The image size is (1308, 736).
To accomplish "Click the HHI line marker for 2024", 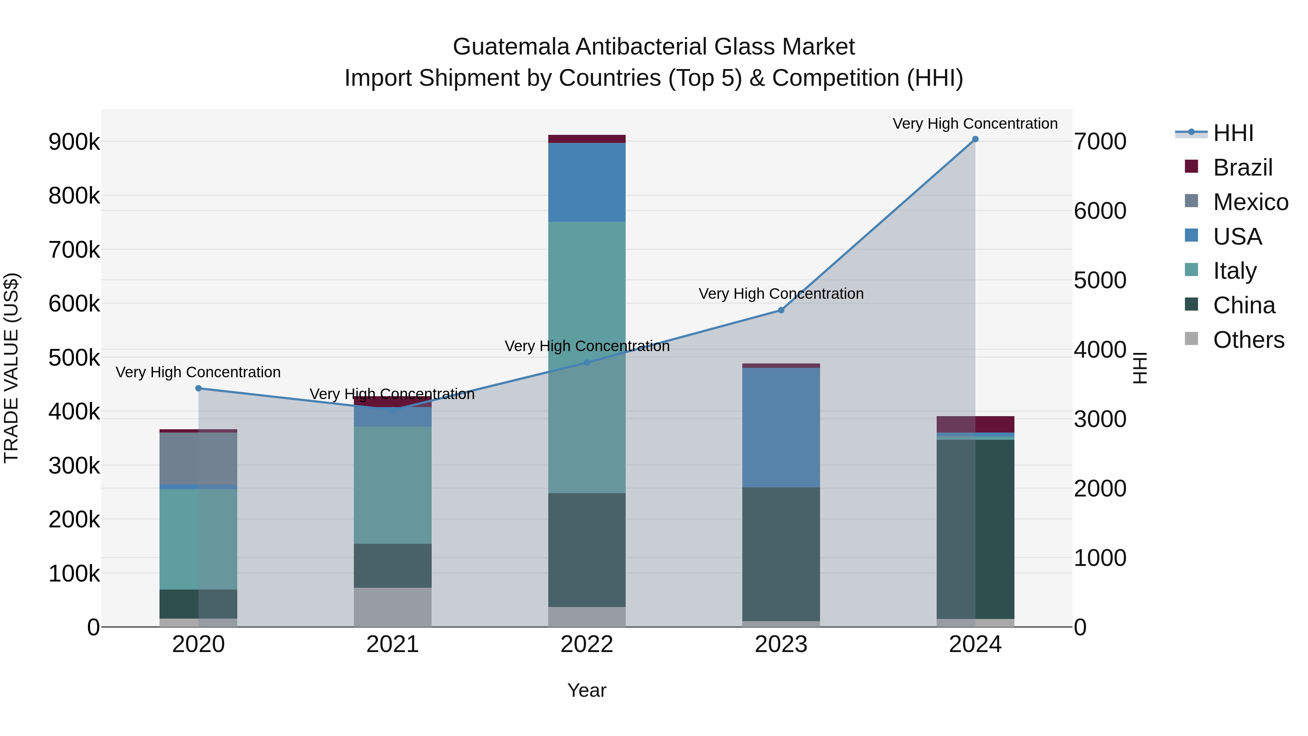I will (975, 139).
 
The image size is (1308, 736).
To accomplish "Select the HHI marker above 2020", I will (198, 389).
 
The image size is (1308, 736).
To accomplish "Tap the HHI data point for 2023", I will (781, 310).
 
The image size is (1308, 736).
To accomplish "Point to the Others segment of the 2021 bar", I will (392, 607).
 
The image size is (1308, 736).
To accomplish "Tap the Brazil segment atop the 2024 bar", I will (975, 424).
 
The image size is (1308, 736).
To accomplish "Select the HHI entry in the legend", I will (1233, 133).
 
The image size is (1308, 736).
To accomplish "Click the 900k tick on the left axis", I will (74, 142).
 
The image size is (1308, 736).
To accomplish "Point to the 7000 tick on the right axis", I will (1100, 142).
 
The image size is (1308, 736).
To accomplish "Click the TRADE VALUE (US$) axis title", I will (12, 368).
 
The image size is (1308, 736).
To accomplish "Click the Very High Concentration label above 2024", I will (975, 124).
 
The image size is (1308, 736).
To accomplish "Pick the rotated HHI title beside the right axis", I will (1139, 368).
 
